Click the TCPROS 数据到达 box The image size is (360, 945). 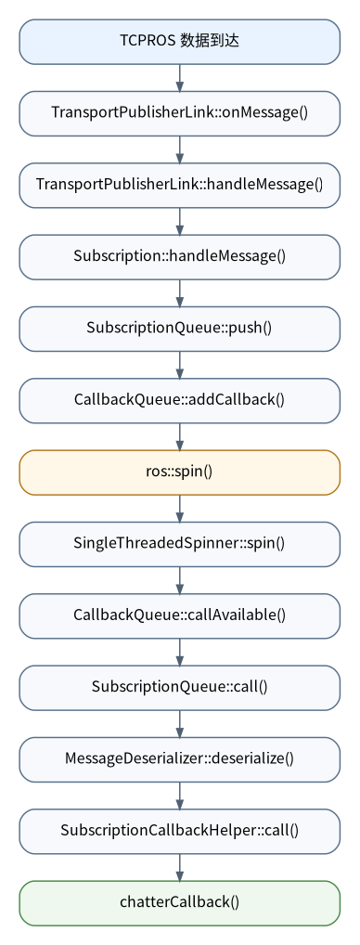[x=179, y=42]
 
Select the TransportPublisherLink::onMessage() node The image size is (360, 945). [x=179, y=113]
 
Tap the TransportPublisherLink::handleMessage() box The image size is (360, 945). [x=179, y=185]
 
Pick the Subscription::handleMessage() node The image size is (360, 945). [x=179, y=257]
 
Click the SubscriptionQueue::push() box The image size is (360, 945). [x=179, y=329]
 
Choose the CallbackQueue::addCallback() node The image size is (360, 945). [x=179, y=400]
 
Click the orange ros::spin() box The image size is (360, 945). [x=179, y=472]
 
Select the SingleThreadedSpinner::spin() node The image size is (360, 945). [x=179, y=544]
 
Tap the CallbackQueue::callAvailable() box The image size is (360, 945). [x=179, y=615]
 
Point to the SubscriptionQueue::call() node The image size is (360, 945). [x=179, y=687]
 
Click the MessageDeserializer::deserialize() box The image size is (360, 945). [x=179, y=758]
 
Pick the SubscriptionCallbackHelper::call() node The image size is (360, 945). [x=179, y=831]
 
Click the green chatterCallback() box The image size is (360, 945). [x=179, y=902]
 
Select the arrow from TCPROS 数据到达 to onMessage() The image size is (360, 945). [x=179, y=78]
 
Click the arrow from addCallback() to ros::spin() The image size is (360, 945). [x=179, y=436]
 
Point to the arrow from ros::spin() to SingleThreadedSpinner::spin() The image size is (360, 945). [x=179, y=508]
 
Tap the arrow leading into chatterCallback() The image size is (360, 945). [x=179, y=867]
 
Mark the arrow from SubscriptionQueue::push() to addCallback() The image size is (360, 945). [x=179, y=365]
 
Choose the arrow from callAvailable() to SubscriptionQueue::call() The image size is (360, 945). [x=179, y=652]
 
